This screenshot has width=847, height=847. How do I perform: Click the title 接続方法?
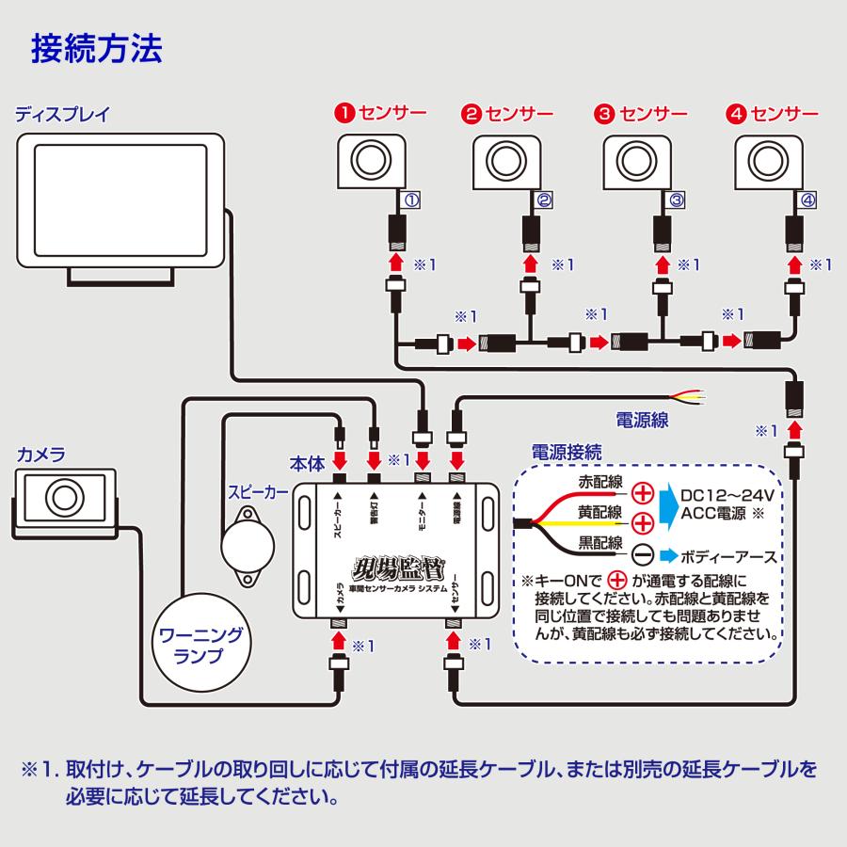coord(96,48)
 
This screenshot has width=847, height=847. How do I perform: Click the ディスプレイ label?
coord(64,116)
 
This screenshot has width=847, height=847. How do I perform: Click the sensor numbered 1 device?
coord(372,159)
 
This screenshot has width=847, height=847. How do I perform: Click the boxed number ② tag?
coord(544,200)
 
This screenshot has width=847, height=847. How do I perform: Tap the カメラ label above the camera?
coord(41,455)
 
